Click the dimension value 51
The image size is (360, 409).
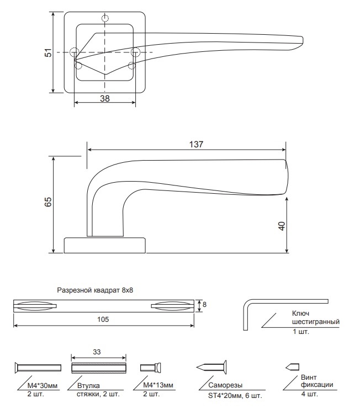click(x=49, y=52)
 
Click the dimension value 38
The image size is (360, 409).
click(x=105, y=98)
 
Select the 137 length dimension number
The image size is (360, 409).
click(x=196, y=144)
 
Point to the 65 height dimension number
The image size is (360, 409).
click(x=49, y=202)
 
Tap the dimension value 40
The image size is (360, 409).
click(x=282, y=226)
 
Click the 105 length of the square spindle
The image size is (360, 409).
click(x=103, y=319)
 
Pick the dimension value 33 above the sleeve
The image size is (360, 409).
click(x=97, y=352)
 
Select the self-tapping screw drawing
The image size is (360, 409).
click(x=211, y=367)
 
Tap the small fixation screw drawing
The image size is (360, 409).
click(x=293, y=367)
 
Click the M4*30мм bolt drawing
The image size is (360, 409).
click(x=38, y=368)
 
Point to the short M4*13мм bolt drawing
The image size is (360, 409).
click(x=151, y=368)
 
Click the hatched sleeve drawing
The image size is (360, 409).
click(x=99, y=368)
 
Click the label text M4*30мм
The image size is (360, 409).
click(x=43, y=385)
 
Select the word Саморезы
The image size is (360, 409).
click(x=225, y=385)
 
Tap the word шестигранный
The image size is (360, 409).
click(x=316, y=322)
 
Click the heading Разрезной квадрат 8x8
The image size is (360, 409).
click(x=95, y=290)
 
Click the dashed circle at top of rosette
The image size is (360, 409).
click(x=105, y=18)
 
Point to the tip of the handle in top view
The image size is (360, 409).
click(x=303, y=40)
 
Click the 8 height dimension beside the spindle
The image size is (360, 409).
click(x=204, y=304)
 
